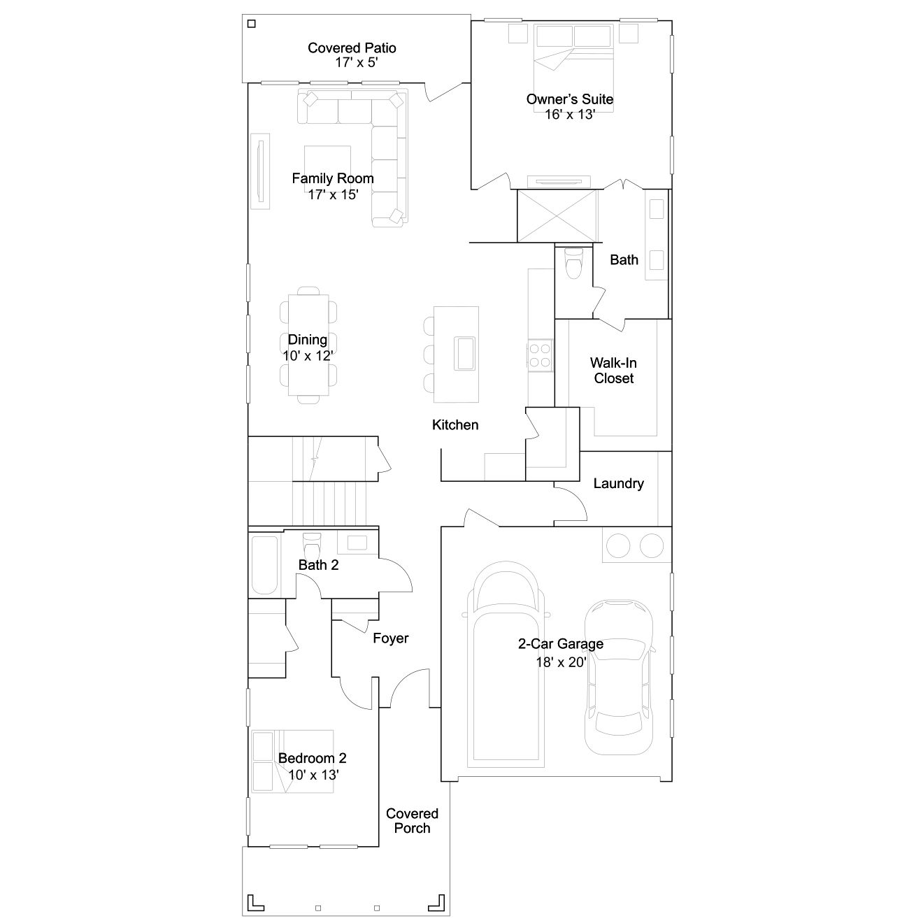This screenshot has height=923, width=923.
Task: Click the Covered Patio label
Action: [352, 48]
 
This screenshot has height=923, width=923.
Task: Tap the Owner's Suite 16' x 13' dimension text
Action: [569, 115]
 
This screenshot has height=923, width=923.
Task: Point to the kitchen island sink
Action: [464, 354]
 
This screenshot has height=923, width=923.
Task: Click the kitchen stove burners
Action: [540, 355]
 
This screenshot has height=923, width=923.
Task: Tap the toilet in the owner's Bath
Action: [573, 263]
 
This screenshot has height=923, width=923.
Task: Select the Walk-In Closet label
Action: [613, 371]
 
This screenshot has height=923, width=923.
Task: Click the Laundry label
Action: [618, 483]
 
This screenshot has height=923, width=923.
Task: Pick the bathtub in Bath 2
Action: [264, 566]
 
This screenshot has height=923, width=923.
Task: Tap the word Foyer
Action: [390, 638]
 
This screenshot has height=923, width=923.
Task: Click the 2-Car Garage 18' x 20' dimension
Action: [561, 662]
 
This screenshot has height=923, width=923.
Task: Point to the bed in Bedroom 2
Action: [292, 761]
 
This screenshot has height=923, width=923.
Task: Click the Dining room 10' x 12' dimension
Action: [308, 356]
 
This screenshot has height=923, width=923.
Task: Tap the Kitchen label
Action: [455, 425]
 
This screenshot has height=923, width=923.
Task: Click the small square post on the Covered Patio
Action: [252, 24]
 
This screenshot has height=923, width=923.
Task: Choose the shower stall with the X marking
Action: [557, 216]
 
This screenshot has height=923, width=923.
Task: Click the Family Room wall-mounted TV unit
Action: [260, 171]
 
